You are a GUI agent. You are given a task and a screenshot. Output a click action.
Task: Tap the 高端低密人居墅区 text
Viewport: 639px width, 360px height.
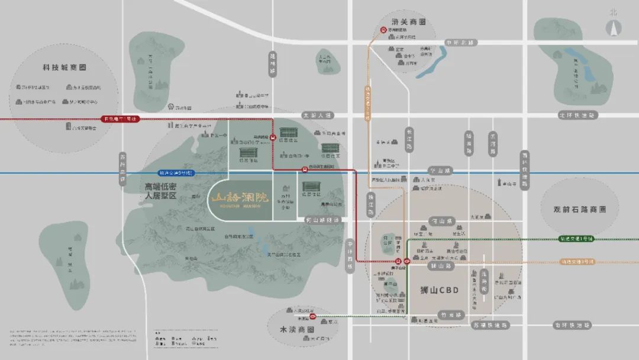(x=161, y=191)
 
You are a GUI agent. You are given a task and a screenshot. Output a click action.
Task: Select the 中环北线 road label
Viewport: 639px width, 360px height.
(x=461, y=43)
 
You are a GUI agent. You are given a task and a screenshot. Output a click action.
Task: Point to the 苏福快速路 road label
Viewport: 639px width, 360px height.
(x=490, y=325)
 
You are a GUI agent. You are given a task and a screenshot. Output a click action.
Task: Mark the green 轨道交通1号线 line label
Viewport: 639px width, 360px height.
(x=576, y=239)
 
